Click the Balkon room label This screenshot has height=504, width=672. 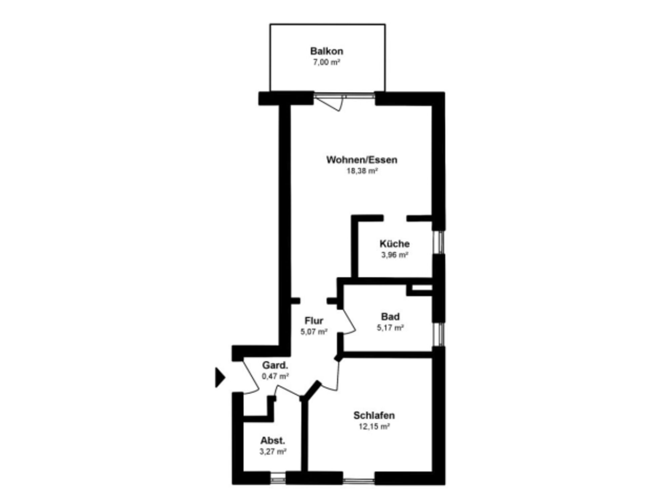tap(327, 51)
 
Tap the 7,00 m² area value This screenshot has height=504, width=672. tap(327, 62)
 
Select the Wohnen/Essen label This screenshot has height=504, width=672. tap(362, 160)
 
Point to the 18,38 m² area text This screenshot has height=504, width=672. tap(362, 171)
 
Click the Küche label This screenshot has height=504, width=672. tap(394, 244)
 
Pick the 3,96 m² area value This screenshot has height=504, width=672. tap(395, 255)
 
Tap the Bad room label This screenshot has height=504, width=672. tap(390, 317)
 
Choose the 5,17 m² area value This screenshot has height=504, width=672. tap(390, 328)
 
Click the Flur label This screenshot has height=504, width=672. tap(314, 321)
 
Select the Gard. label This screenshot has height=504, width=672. tap(275, 365)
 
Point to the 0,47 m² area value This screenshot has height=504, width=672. tap(276, 376)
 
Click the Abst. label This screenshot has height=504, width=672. tap(272, 440)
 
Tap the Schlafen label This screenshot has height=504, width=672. tap(374, 415)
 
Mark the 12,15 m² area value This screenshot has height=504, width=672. tap(374, 426)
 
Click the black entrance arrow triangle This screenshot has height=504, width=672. tap(219, 378)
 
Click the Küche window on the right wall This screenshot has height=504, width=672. tap(438, 242)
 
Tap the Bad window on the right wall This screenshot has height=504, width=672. tap(438, 334)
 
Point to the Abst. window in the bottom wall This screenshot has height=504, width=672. tap(278, 478)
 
